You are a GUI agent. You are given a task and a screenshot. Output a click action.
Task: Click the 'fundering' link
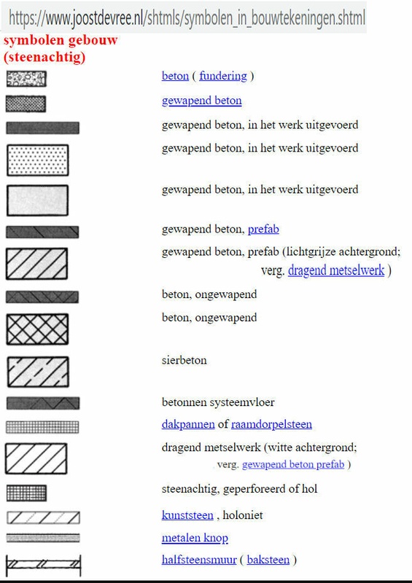223,76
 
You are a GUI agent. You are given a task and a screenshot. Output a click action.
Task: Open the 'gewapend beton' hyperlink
201,101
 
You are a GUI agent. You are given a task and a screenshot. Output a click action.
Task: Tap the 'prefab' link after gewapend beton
263,229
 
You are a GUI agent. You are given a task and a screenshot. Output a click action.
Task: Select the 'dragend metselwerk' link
336,271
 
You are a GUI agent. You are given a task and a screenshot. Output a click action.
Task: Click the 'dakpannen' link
188,424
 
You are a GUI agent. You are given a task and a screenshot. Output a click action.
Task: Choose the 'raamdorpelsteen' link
271,424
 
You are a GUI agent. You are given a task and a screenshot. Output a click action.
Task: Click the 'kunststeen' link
187,515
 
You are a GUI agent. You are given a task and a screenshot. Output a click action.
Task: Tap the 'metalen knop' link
195,539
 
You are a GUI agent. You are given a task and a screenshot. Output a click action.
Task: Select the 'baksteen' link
268,560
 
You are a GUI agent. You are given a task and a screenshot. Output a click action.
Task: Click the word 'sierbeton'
184,360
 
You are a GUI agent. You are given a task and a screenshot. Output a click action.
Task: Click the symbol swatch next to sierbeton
37,371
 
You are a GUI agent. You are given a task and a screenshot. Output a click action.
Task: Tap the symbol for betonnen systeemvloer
42,403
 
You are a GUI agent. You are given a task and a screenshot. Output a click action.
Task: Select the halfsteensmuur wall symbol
42,563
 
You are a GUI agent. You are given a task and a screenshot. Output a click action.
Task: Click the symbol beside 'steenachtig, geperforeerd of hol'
26,493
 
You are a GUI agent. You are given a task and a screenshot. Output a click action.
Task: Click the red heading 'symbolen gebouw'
61,39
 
